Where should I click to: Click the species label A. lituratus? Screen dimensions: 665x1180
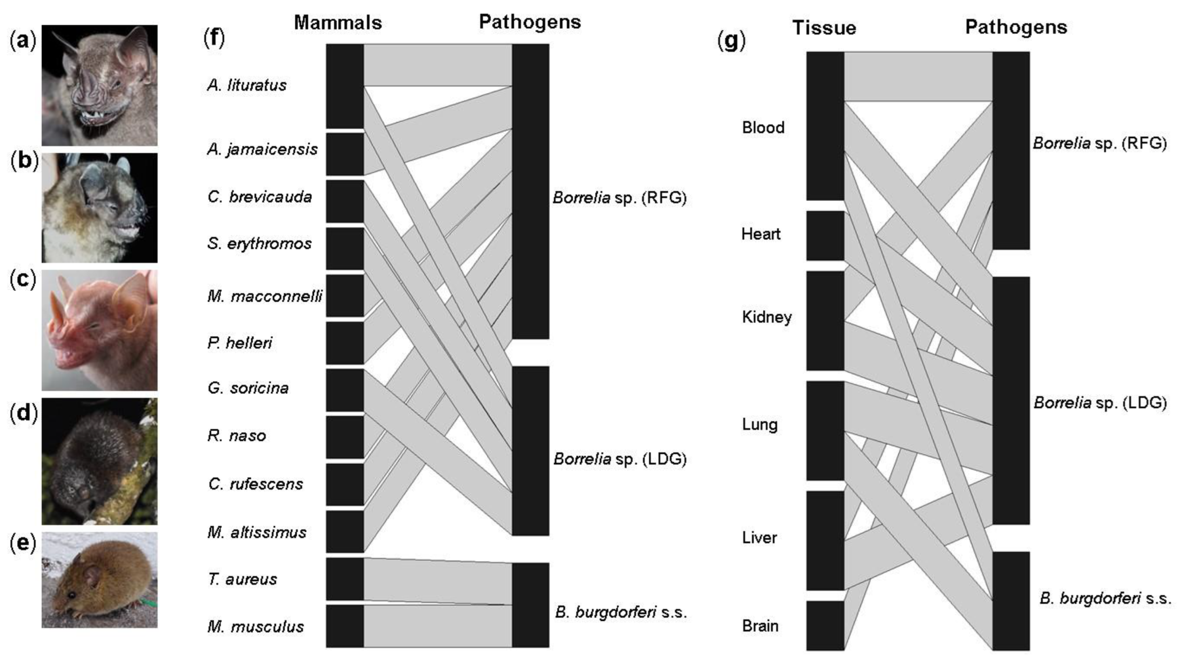click(247, 85)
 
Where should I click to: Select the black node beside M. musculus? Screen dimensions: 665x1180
click(345, 626)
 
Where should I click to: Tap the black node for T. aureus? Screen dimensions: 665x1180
click(345, 579)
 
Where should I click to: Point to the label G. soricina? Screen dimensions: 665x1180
click(248, 388)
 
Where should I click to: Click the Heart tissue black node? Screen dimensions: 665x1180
click(825, 235)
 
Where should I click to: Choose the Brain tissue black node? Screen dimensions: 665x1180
click(825, 625)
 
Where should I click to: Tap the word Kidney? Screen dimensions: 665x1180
click(767, 317)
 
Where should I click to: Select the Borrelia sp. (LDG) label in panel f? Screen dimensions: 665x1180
click(620, 459)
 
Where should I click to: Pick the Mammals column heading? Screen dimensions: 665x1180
click(338, 22)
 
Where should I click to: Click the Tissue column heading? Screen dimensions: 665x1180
click(824, 28)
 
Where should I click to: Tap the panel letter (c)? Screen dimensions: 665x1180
click(23, 280)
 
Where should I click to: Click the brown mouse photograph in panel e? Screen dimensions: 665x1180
click(99, 579)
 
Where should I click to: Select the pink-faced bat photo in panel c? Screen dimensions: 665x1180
click(99, 330)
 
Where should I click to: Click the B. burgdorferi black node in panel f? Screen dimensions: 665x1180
click(530, 605)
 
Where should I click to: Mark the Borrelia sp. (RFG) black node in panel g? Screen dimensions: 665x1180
click(1011, 150)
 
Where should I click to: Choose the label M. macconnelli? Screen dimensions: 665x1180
click(264, 296)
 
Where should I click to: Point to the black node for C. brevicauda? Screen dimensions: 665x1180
click(345, 201)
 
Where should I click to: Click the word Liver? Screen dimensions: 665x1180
click(759, 538)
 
